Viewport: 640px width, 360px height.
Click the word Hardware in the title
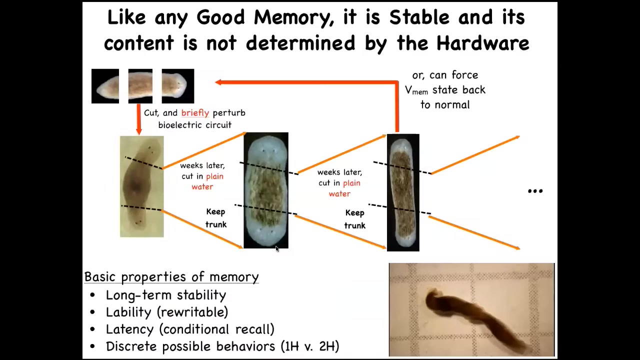(483, 43)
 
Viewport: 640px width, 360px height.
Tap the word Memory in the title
(293, 17)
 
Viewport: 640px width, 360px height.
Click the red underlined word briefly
(195, 113)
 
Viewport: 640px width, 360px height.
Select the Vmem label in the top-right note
(416, 90)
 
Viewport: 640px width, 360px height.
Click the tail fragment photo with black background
(105, 86)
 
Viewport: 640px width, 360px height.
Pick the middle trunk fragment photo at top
(140, 86)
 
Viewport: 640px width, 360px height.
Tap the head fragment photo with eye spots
(177, 86)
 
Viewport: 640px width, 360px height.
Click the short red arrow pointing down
(139, 119)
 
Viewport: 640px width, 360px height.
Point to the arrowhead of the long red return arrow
(218, 82)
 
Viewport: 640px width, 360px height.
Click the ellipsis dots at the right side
(535, 191)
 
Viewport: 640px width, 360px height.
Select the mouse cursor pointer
(277, 249)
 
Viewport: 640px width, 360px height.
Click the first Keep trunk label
(216, 218)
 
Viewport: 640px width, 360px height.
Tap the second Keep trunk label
(355, 219)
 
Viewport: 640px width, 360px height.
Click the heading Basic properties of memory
(171, 277)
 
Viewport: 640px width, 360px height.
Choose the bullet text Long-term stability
(166, 295)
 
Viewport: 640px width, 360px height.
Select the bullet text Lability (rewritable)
(167, 312)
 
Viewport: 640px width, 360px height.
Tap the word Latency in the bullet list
(129, 329)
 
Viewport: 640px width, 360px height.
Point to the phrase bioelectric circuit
(195, 125)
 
